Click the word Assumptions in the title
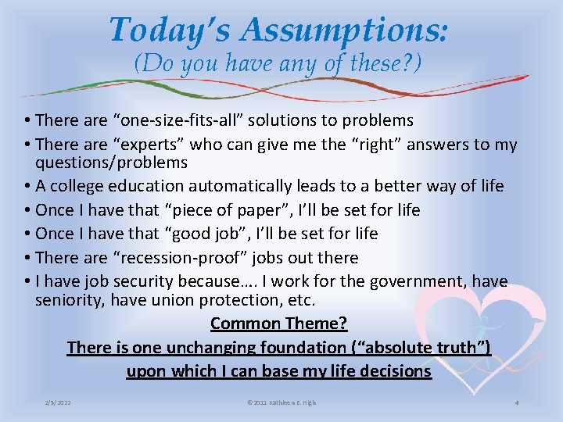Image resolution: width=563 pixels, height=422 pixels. point(344,30)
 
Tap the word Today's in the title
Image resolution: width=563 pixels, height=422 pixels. point(170,30)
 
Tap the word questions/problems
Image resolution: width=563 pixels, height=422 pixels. point(111,163)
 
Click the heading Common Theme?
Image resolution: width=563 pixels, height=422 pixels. point(278,324)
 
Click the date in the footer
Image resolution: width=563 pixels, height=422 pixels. point(58,402)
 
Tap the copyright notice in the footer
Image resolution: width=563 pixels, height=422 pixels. point(281,402)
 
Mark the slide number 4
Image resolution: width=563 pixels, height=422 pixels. point(517,402)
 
